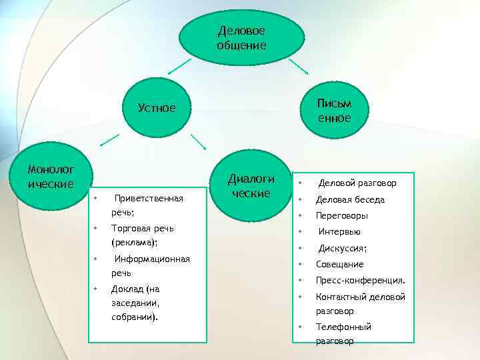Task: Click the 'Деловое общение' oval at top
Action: (x=241, y=38)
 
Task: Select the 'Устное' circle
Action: (x=157, y=107)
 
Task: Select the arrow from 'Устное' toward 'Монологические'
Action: (x=110, y=141)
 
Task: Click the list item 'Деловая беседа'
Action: (x=350, y=199)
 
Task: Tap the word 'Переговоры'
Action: (x=342, y=215)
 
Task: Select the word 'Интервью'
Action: (x=339, y=232)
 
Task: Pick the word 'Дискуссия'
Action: (x=342, y=249)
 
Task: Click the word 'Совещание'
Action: (x=339, y=265)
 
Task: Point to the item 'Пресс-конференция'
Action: (x=360, y=281)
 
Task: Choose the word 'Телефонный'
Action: (x=343, y=327)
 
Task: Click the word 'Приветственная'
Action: (x=149, y=198)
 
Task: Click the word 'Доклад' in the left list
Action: (x=126, y=289)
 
